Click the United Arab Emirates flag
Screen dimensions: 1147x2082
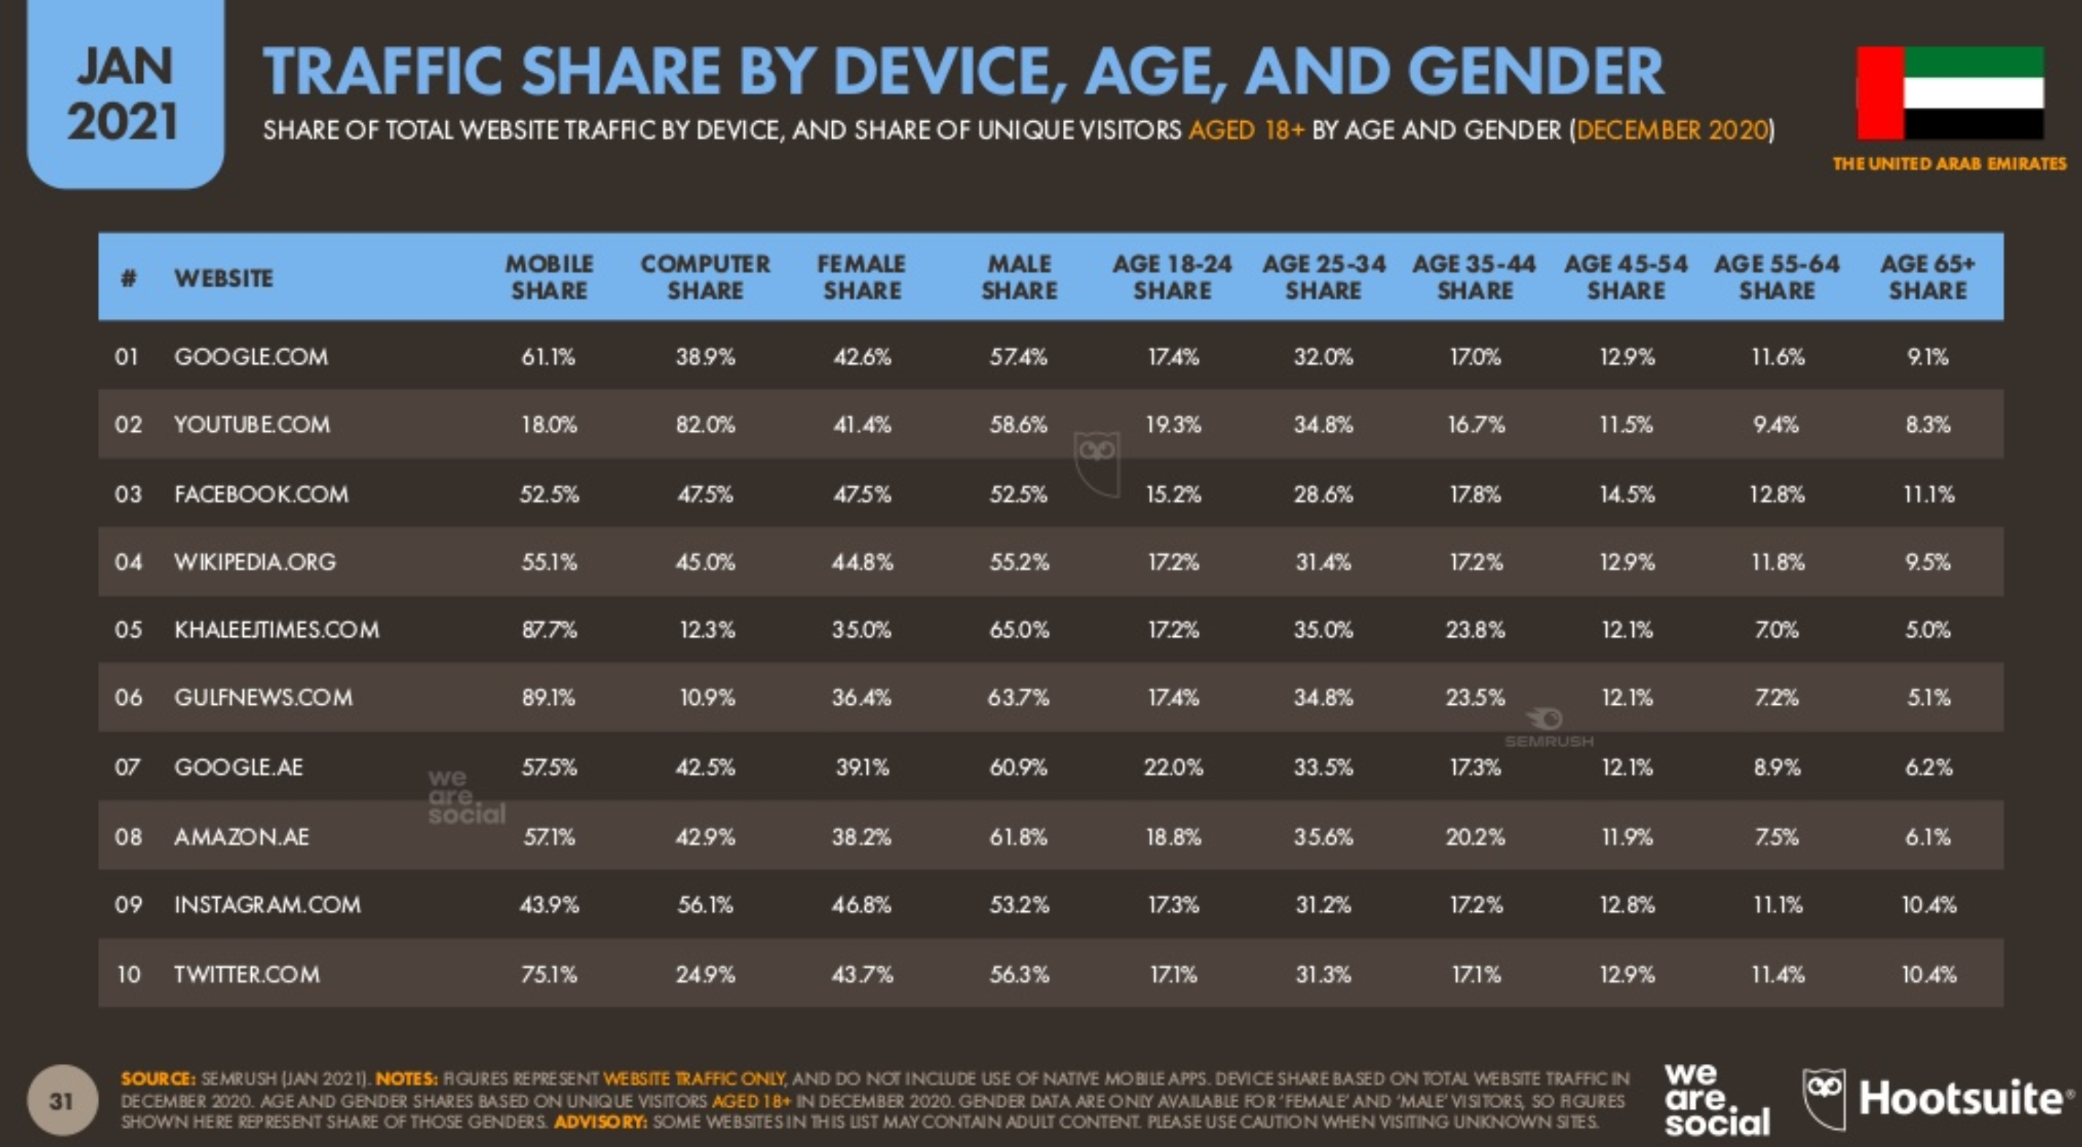tap(1949, 93)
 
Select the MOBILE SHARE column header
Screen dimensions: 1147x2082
tap(549, 277)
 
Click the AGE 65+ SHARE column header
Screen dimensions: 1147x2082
tap(1928, 277)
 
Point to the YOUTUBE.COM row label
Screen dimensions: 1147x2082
tap(251, 425)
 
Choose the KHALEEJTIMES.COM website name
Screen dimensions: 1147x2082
tap(277, 630)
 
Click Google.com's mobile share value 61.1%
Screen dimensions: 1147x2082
tap(548, 357)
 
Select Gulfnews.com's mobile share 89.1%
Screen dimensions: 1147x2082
tap(548, 698)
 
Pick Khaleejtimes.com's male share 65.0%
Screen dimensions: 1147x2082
tap(1019, 630)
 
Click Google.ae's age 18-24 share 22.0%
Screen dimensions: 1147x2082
tap(1172, 768)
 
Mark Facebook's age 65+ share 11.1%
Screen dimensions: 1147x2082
tap(1929, 495)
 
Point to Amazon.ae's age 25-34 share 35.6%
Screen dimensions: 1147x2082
tap(1323, 837)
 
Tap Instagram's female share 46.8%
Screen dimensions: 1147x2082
tap(861, 905)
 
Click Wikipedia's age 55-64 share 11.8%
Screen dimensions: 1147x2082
tap(1778, 563)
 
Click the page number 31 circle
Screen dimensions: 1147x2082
tap(62, 1101)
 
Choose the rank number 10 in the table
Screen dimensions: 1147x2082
tap(128, 975)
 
